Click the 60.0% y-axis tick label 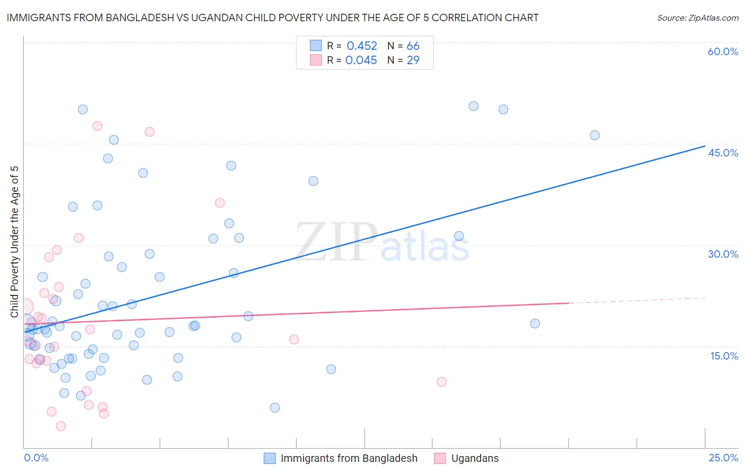coord(723,51)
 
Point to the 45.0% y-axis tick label coord(723,153)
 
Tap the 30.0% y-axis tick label coord(723,254)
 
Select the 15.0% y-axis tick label coord(724,356)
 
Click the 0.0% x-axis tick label coord(36,458)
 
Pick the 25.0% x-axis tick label coord(723,458)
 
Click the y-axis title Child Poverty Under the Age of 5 coord(14,241)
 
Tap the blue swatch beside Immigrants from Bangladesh coord(270,458)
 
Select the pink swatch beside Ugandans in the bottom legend coord(440,458)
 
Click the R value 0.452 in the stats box coord(362,46)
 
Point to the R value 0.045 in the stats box coord(361,60)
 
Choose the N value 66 coord(413,46)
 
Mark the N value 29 coord(413,60)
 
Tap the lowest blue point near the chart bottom coord(274,408)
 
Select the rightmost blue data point coord(595,135)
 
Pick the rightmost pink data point coord(441,382)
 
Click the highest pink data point coord(97,126)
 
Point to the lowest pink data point coord(61,426)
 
